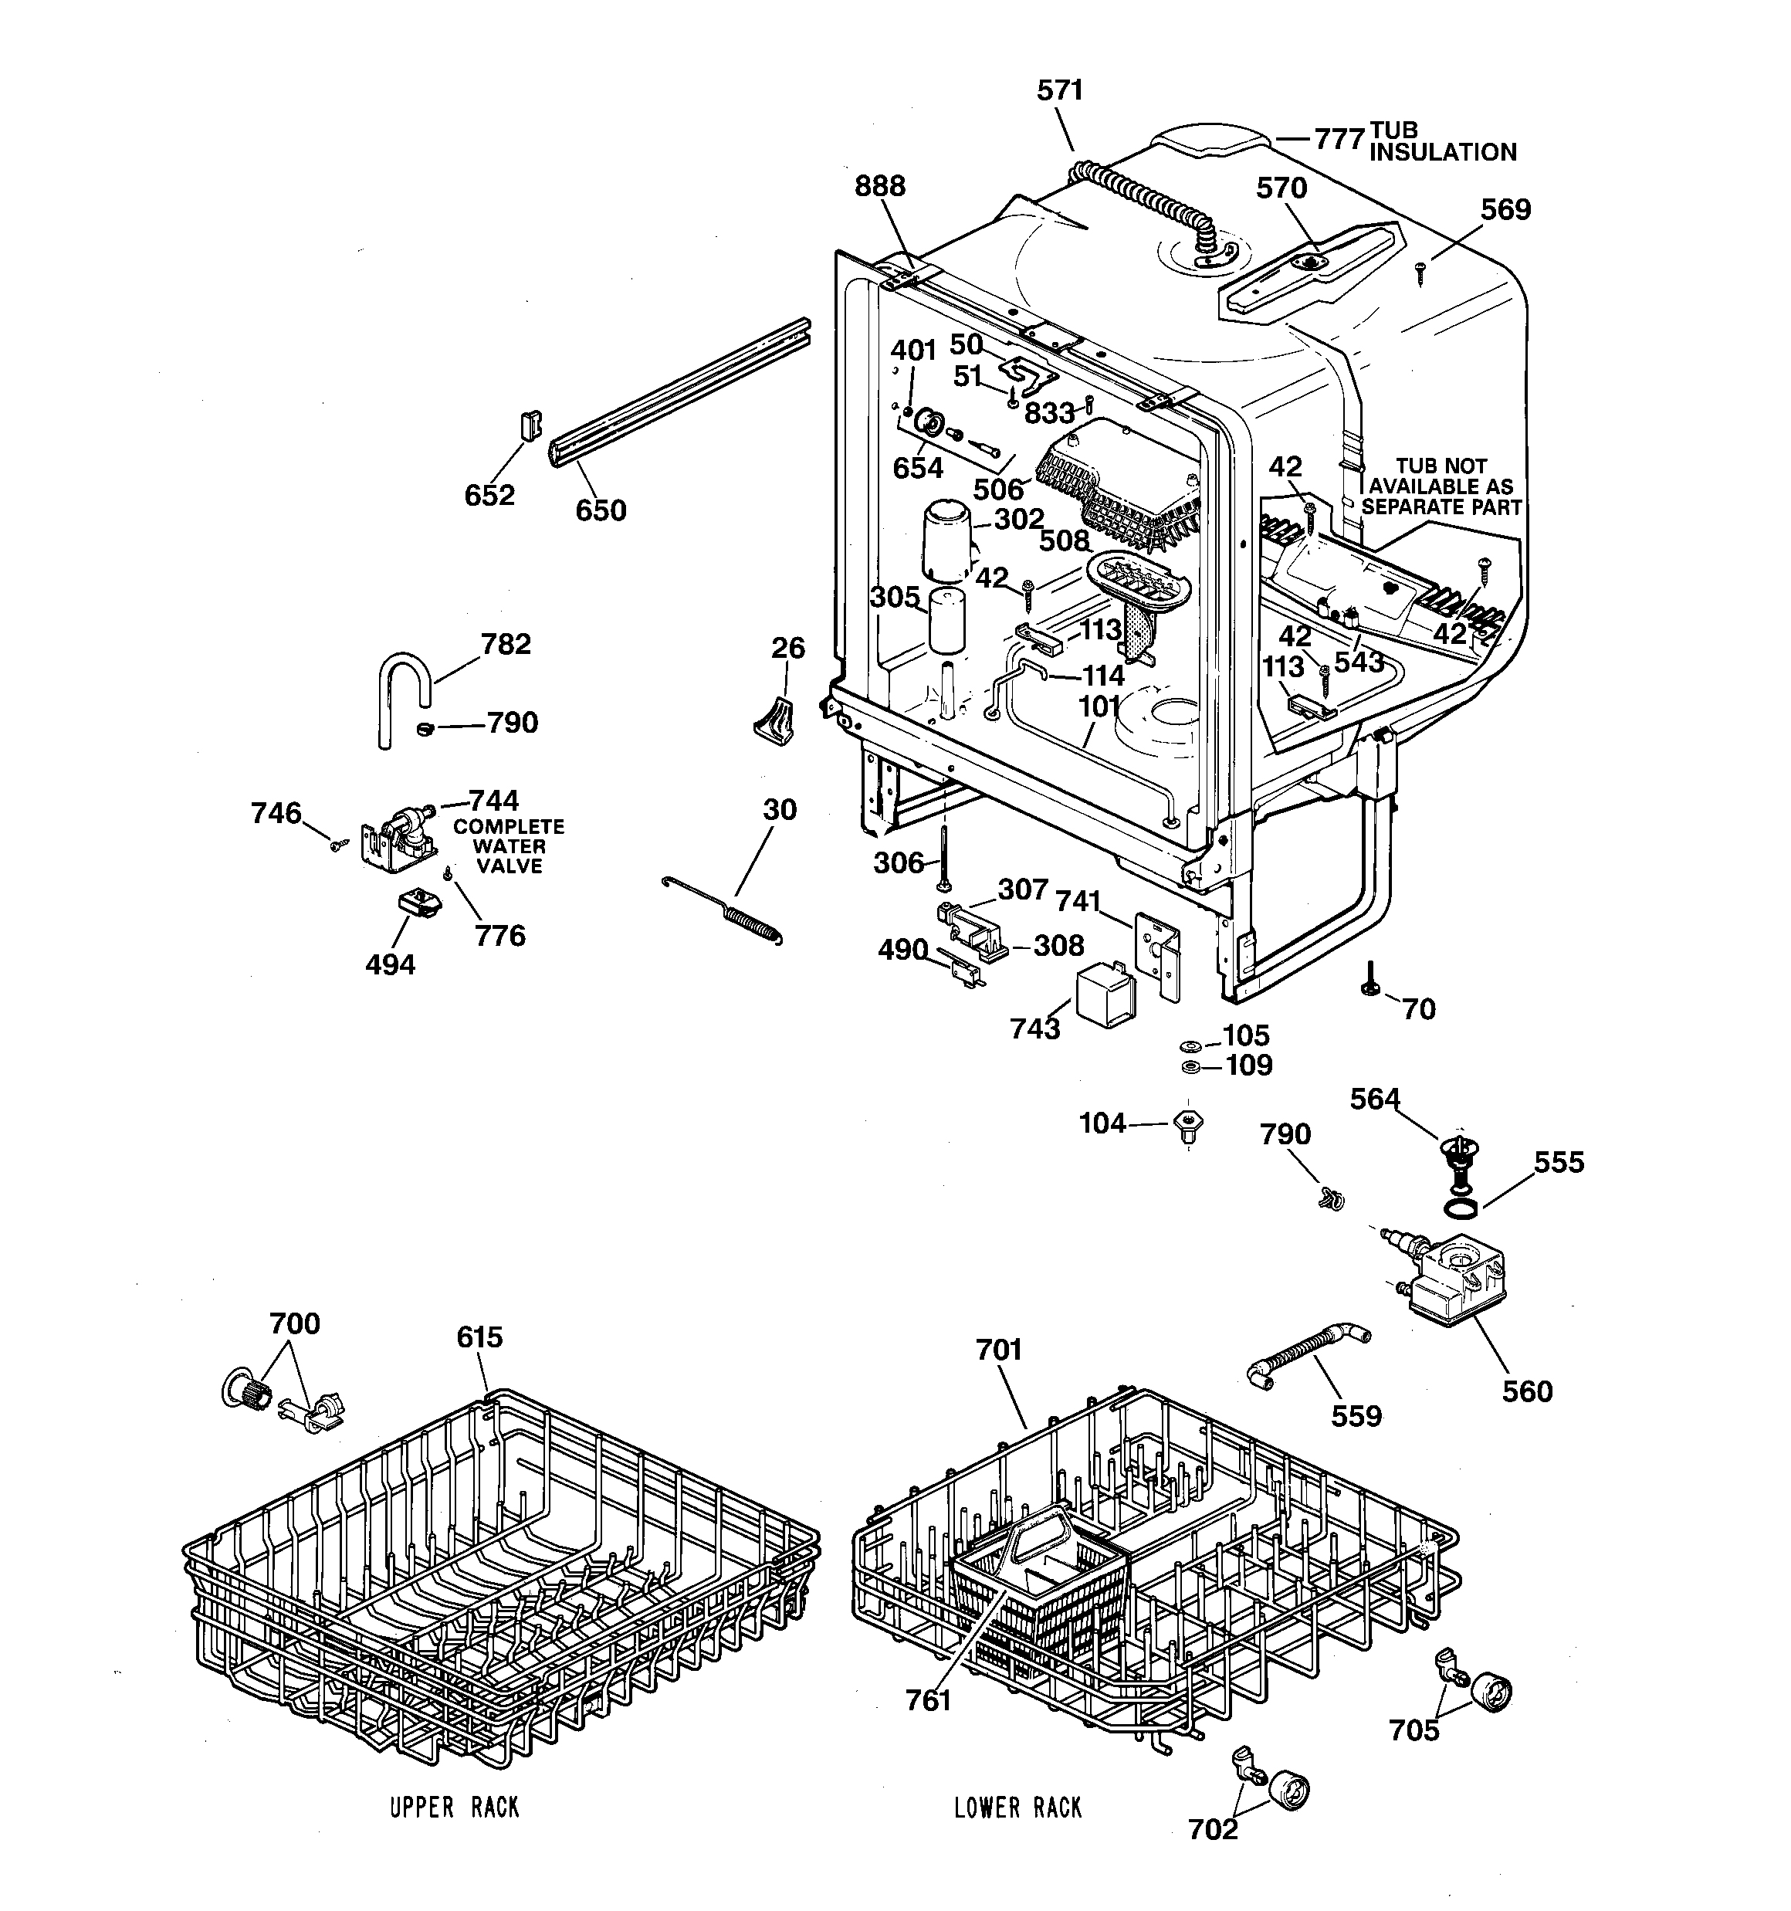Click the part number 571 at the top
tap(1059, 90)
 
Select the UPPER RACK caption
tap(454, 1808)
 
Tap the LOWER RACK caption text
tap(1017, 1808)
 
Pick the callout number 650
tap(601, 510)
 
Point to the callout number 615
tap(479, 1337)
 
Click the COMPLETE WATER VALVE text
tap(509, 846)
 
